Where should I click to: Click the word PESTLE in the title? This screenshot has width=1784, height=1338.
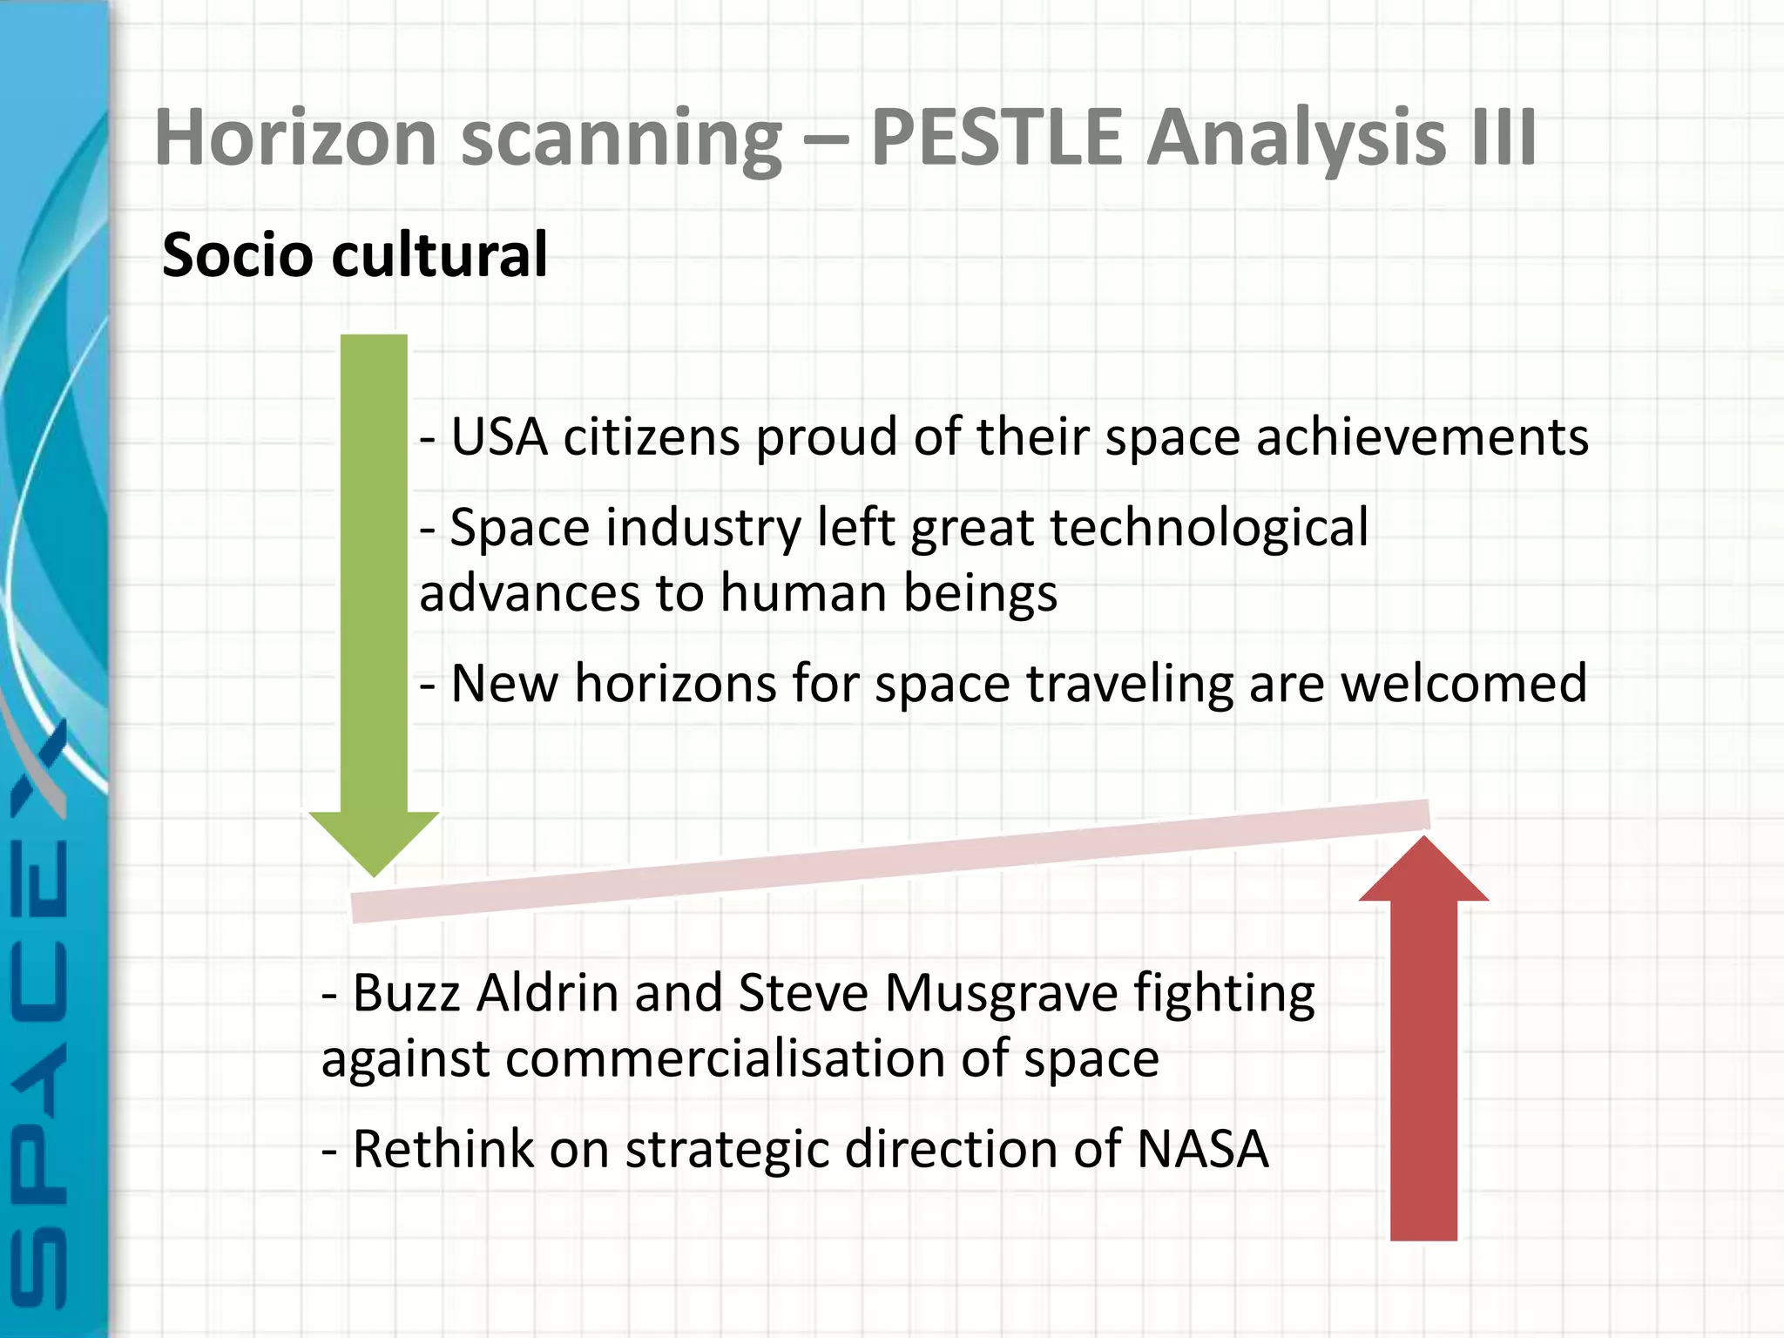(997, 137)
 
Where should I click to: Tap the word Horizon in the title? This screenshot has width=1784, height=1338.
(295, 137)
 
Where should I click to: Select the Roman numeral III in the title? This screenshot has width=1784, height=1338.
(1503, 137)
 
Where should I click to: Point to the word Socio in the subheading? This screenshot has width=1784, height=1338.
(237, 254)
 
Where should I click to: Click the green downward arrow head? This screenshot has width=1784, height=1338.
(374, 841)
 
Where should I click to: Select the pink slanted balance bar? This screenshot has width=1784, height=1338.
(889, 861)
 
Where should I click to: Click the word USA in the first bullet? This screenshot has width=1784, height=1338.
(499, 436)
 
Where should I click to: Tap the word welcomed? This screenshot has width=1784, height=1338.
(1463, 683)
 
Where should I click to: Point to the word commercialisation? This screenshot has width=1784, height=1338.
(725, 1058)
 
